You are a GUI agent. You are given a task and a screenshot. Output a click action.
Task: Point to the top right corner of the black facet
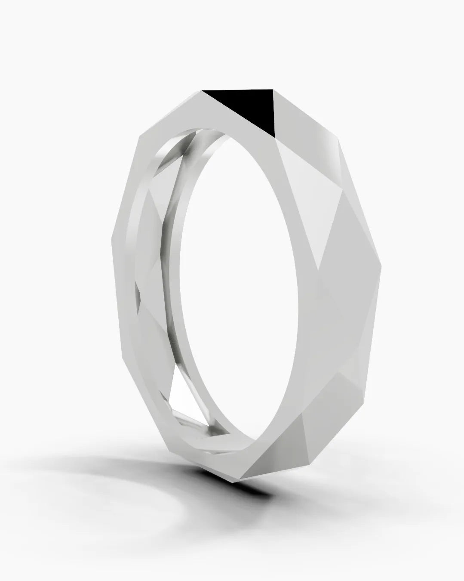point(273,90)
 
